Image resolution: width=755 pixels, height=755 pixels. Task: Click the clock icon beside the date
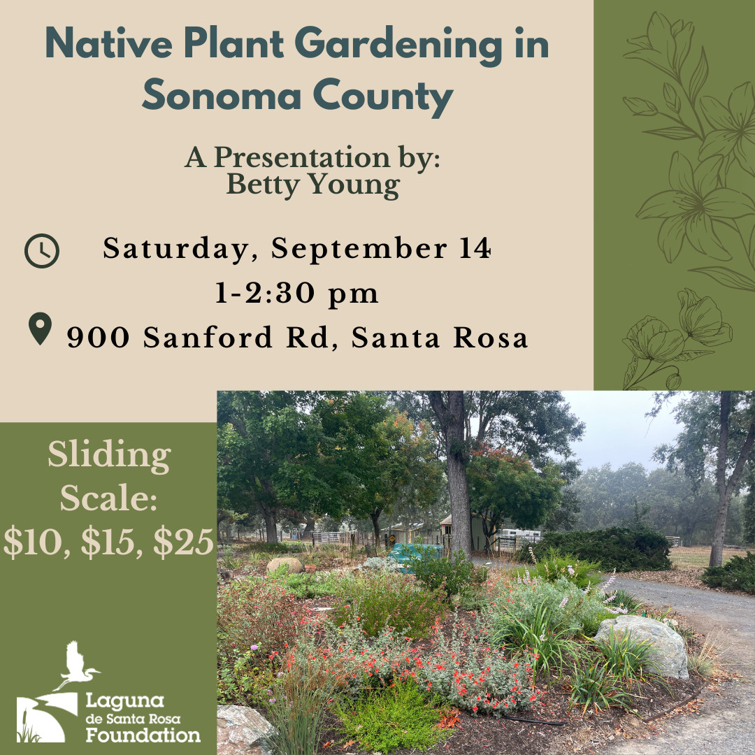42,251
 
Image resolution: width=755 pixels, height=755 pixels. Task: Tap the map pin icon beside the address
40,329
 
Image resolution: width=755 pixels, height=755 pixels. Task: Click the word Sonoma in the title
222,95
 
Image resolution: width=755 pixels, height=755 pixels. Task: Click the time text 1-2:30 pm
296,293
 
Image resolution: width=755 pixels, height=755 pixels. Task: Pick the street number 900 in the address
99,337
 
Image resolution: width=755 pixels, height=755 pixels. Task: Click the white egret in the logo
77,665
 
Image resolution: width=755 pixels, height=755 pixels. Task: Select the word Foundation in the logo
143,735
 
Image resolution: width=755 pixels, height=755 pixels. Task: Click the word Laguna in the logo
125,701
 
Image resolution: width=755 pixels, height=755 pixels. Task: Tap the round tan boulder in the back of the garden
285,565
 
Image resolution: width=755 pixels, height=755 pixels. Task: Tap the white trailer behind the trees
521,533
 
